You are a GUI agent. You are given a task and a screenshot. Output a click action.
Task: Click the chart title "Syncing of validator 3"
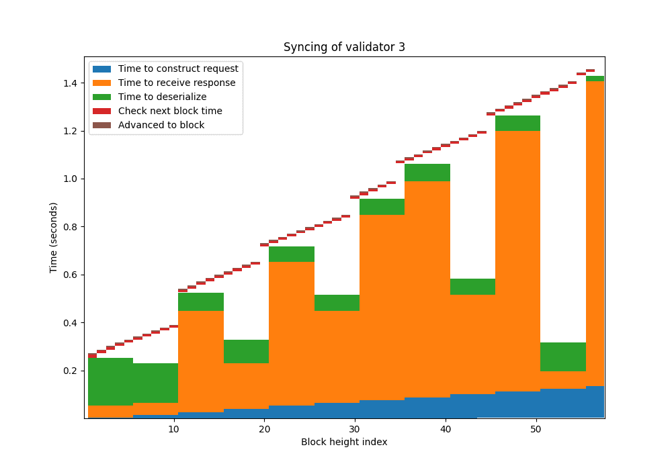coord(344,47)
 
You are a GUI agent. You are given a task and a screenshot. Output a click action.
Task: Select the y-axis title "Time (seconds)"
coord(54,237)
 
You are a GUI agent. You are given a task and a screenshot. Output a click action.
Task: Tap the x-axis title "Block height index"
coord(344,442)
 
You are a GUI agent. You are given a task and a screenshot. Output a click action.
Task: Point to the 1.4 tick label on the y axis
coord(69,83)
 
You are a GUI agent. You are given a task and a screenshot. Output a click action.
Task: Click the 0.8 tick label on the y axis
coord(69,227)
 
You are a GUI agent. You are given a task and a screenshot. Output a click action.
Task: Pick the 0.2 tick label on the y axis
coord(69,371)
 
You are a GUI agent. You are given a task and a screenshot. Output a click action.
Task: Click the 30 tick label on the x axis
coord(355,428)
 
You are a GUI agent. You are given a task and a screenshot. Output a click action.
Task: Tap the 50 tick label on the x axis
coord(536,428)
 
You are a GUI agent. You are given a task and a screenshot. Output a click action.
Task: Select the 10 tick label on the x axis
coord(174,428)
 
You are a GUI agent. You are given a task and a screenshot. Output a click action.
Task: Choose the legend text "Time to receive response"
coord(177,83)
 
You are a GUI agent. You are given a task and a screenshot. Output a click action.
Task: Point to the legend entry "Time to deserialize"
coord(162,97)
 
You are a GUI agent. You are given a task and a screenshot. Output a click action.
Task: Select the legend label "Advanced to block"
coord(161,125)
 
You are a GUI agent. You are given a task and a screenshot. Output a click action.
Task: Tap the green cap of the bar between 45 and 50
coord(517,123)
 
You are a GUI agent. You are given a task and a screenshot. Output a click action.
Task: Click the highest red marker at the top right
coord(590,70)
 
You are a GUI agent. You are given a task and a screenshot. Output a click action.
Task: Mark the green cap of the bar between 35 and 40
coord(427,173)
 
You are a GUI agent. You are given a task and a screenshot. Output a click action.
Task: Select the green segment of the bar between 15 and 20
coord(246,351)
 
